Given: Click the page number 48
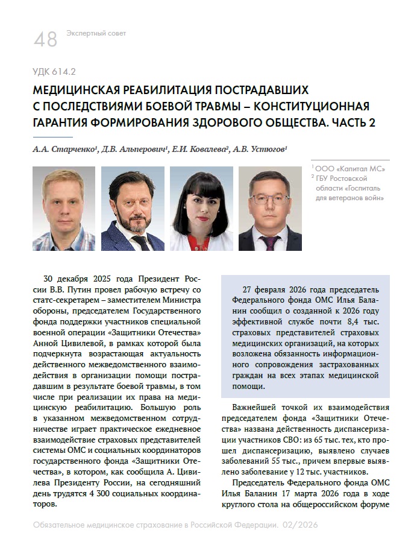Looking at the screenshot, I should click(x=46, y=39).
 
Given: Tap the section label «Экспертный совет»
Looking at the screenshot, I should click(x=96, y=33).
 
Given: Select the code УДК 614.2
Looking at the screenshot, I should click(x=54, y=72).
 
